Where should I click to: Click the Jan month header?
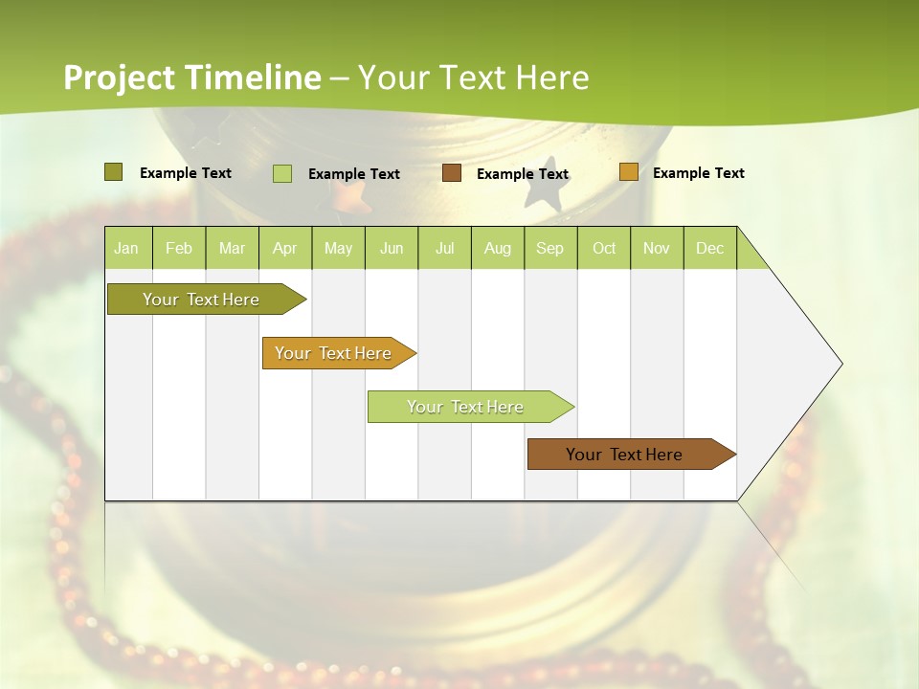[x=126, y=248]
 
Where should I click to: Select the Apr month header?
[x=284, y=248]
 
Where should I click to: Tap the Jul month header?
[x=444, y=248]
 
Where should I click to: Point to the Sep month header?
[x=549, y=248]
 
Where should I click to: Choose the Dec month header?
[x=709, y=248]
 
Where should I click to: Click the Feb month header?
[x=179, y=248]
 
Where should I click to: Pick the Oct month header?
[x=604, y=248]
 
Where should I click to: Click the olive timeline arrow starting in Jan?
[x=202, y=300]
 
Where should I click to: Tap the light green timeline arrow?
[x=466, y=407]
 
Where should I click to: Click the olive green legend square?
[x=113, y=172]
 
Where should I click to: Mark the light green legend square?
[x=281, y=173]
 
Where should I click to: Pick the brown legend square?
[x=452, y=173]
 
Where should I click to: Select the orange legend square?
[x=628, y=172]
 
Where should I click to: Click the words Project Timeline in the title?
[x=192, y=78]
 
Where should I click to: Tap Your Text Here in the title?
[x=473, y=78]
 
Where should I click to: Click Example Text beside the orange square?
[x=698, y=173]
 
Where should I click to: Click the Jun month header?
[x=392, y=248]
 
